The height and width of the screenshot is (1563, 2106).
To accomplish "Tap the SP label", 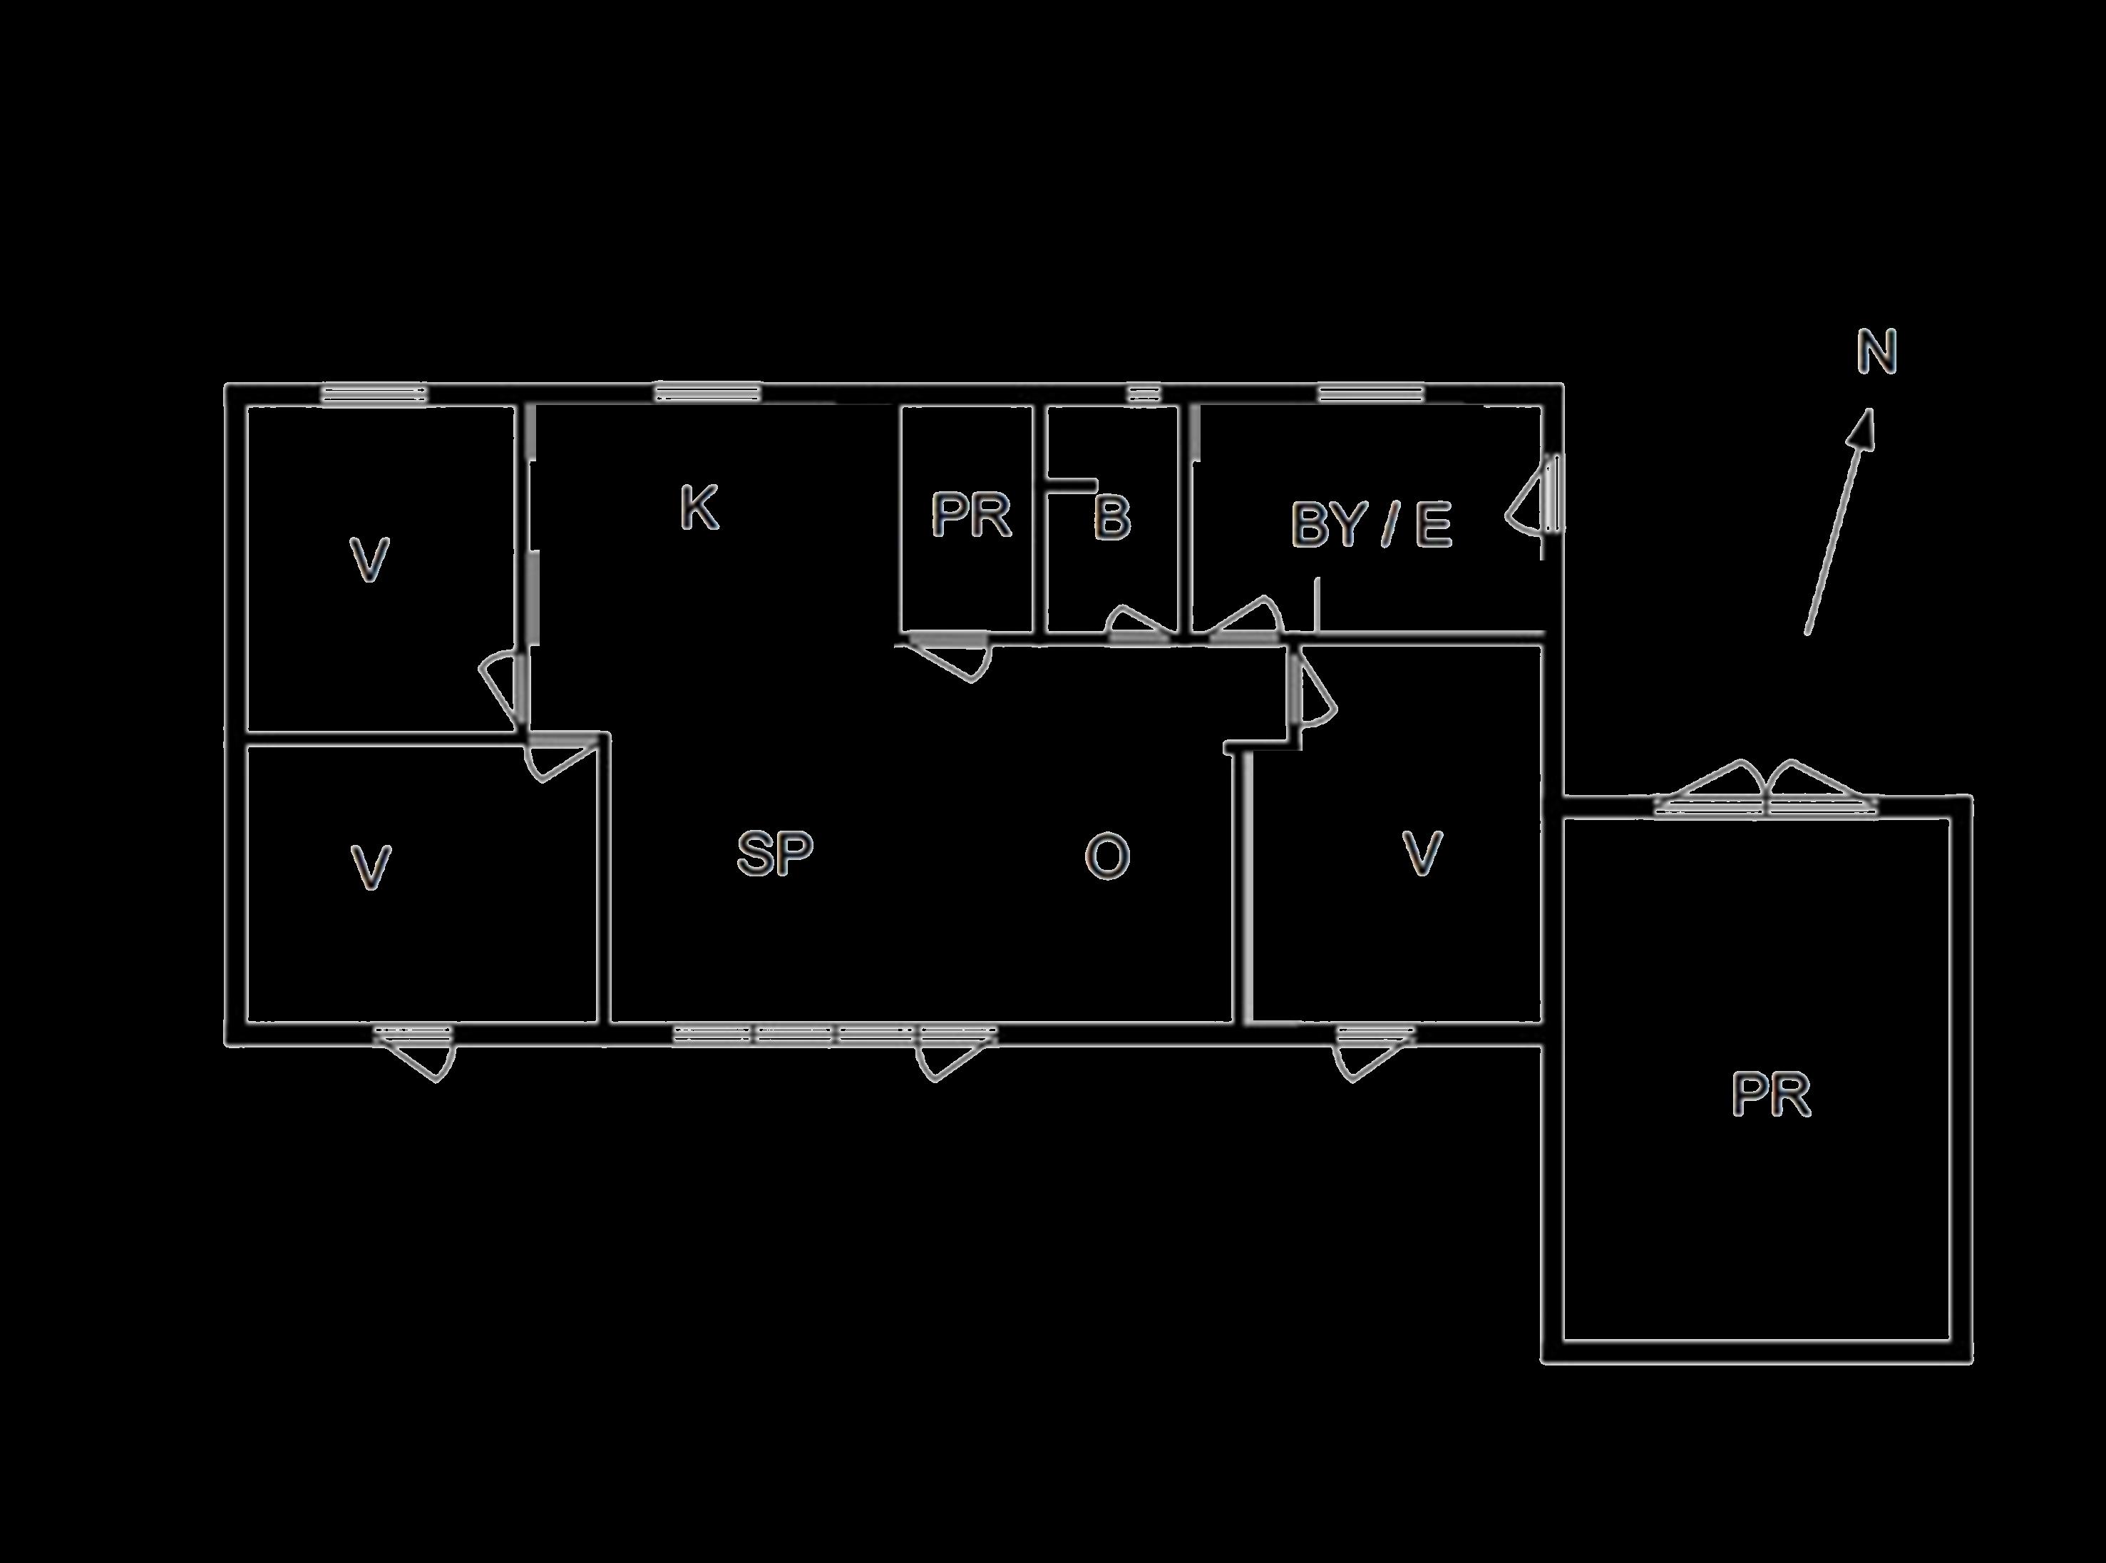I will tap(774, 854).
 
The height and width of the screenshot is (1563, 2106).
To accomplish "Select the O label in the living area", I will tap(1107, 856).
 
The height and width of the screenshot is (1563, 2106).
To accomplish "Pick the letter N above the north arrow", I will tap(1876, 352).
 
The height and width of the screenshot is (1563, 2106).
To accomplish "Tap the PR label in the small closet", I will tap(971, 515).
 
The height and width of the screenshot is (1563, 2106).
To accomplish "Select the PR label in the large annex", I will tap(1771, 1095).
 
